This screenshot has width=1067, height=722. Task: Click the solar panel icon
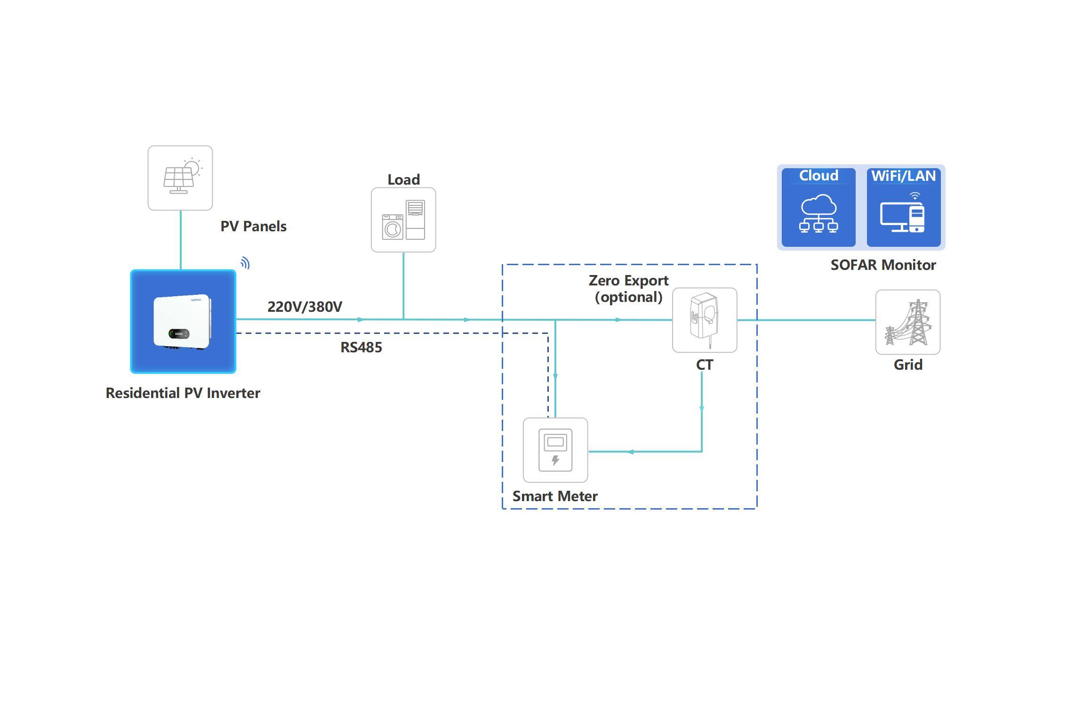pyautogui.click(x=180, y=178)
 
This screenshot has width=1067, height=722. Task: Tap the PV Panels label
pyautogui.click(x=253, y=227)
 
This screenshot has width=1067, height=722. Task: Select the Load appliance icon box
pyautogui.click(x=403, y=220)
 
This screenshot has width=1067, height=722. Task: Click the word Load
pyautogui.click(x=403, y=179)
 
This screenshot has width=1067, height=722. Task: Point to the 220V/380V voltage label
pyautogui.click(x=305, y=307)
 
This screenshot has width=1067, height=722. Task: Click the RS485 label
pyautogui.click(x=361, y=348)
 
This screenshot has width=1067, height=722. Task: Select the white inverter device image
pyautogui.click(x=182, y=322)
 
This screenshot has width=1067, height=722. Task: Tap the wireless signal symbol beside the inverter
pyautogui.click(x=245, y=263)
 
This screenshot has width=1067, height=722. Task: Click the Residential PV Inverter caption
pyautogui.click(x=183, y=393)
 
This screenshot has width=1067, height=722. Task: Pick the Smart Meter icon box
pyautogui.click(x=555, y=450)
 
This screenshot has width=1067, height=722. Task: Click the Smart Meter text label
pyautogui.click(x=555, y=496)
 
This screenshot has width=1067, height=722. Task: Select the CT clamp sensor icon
pyautogui.click(x=705, y=320)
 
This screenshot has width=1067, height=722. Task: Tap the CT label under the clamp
pyautogui.click(x=705, y=365)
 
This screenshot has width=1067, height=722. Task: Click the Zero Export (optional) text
pyautogui.click(x=628, y=289)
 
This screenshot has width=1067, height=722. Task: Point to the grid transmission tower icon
pyautogui.click(x=907, y=322)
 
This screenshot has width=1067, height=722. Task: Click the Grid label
pyautogui.click(x=908, y=365)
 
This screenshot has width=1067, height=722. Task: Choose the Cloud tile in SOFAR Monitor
pyautogui.click(x=818, y=208)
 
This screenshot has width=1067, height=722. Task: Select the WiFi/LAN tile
pyautogui.click(x=904, y=208)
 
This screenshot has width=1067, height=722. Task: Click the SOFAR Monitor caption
pyautogui.click(x=883, y=265)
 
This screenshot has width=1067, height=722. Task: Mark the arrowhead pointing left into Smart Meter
pyautogui.click(x=630, y=452)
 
